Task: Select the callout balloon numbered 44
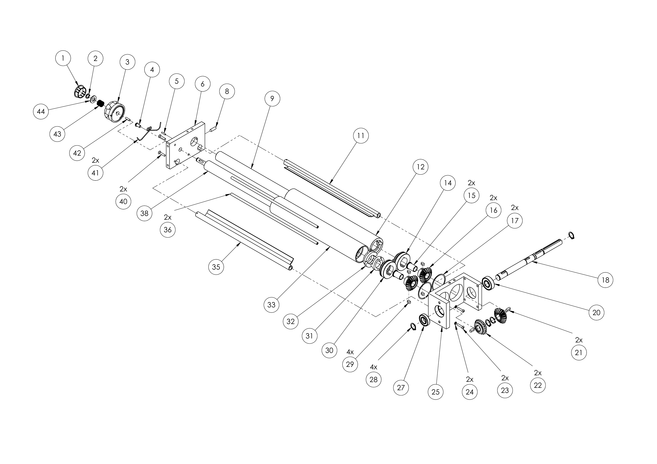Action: point(41,111)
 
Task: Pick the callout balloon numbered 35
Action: point(216,267)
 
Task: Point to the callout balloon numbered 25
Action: point(435,391)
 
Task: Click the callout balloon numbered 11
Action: point(361,136)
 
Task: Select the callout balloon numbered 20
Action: point(596,312)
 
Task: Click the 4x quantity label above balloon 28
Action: point(374,367)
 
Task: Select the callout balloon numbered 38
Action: point(144,213)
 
